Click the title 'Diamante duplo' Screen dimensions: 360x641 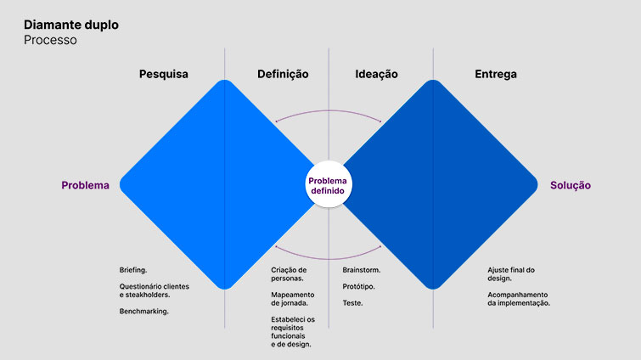tap(70, 25)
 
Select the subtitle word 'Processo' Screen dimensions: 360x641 tap(50, 40)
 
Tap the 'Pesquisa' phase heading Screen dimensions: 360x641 tap(164, 74)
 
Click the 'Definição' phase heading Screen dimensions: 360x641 tap(283, 74)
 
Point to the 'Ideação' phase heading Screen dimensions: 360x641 tap(376, 74)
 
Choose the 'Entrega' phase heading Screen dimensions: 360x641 tap(496, 74)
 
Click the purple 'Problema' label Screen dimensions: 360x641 tap(85, 185)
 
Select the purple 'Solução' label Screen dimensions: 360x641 tap(571, 185)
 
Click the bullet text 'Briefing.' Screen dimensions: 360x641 tap(133, 270)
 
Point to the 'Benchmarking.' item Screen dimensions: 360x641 tap(144, 311)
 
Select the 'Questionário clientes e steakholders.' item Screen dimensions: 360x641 tap(154, 290)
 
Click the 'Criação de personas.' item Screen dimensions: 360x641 tap(289, 274)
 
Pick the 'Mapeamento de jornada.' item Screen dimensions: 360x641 tap(290, 299)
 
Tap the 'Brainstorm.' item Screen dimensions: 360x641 tap(362, 270)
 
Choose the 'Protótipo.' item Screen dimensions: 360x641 tap(359, 286)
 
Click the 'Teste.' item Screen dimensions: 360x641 tap(352, 302)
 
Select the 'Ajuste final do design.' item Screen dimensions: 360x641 tap(511, 274)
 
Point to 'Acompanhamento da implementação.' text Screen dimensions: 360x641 tap(519, 299)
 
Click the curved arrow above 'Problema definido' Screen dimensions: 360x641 tap(329, 112)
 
